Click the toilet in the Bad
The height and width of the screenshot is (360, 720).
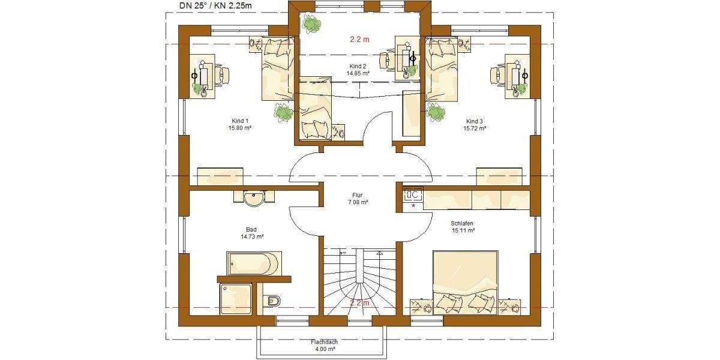tap(272, 300)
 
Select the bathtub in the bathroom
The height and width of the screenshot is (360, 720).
tap(254, 263)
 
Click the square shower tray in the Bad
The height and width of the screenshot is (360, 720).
tap(236, 298)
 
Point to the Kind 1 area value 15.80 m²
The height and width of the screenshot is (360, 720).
tap(239, 128)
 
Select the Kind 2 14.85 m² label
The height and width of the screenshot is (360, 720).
tap(358, 70)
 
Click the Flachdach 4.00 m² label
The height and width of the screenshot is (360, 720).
tap(324, 346)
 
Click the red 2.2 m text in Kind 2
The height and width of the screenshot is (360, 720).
tap(359, 40)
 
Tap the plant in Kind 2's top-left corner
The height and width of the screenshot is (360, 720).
tap(311, 25)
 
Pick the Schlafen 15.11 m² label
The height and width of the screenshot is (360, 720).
tap(463, 226)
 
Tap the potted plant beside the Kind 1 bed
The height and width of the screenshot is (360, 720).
tap(282, 111)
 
